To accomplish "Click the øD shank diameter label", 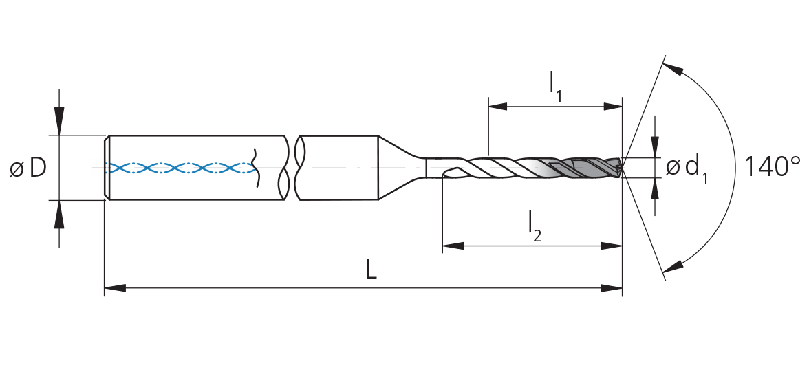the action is (x=28, y=168).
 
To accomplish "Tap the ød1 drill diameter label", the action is (x=687, y=169).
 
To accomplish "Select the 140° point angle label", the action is (x=773, y=166).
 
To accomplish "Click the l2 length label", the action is (x=535, y=227).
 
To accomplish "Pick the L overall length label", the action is (x=371, y=269).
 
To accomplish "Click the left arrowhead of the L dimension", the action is (x=115, y=287).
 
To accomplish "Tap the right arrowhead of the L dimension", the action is (x=612, y=287).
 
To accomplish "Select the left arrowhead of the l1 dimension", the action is (x=498, y=107).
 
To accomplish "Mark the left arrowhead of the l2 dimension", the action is (x=453, y=246).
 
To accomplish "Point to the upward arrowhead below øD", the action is (x=59, y=215).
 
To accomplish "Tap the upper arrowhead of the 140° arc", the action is (x=672, y=69).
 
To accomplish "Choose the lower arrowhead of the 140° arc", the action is (x=672, y=266).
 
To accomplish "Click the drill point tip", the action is (x=622, y=167).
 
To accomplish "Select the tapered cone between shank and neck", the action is (x=402, y=167).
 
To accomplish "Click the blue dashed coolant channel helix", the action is (x=180, y=167).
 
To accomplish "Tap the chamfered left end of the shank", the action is (x=107, y=167).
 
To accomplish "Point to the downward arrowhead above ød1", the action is (x=655, y=146).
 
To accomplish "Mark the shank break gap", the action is (x=292, y=167).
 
